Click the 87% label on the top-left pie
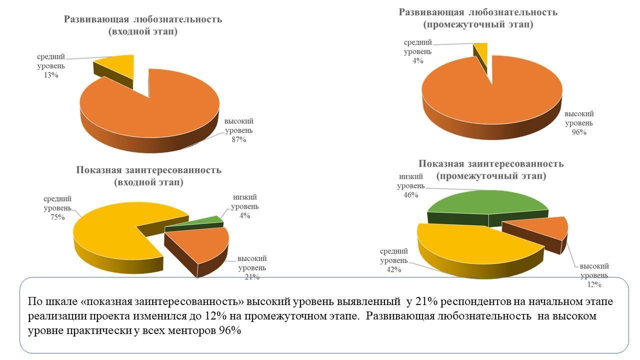point(238,139)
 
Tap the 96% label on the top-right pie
point(579,132)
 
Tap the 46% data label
point(411,195)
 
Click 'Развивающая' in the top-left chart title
point(96,19)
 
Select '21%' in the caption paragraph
point(419,302)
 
